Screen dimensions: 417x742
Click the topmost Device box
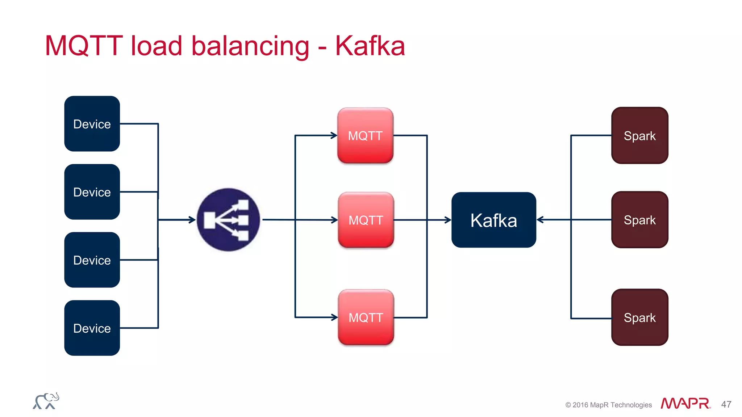pyautogui.click(x=92, y=124)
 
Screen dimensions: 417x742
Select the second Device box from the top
pyautogui.click(x=92, y=192)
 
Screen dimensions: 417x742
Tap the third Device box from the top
pyautogui.click(x=92, y=260)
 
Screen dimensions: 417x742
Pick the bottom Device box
pyautogui.click(x=92, y=328)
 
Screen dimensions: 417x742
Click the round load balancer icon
pyautogui.click(x=228, y=220)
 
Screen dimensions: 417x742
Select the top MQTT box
pyautogui.click(x=365, y=135)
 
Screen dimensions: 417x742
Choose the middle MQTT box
pyautogui.click(x=366, y=220)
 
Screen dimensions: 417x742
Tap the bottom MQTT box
pyautogui.click(x=366, y=317)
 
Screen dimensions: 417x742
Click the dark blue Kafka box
pyautogui.click(x=493, y=220)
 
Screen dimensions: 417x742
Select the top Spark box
pyautogui.click(x=639, y=135)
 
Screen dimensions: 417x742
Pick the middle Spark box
pyautogui.click(x=639, y=220)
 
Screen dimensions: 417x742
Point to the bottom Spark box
pyautogui.click(x=639, y=317)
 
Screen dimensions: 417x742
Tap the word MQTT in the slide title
pyautogui.click(x=84, y=46)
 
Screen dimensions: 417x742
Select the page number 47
pyautogui.click(x=726, y=404)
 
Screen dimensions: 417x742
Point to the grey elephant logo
pyautogui.click(x=46, y=401)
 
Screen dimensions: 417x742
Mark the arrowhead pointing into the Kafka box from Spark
pyautogui.click(x=540, y=220)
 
